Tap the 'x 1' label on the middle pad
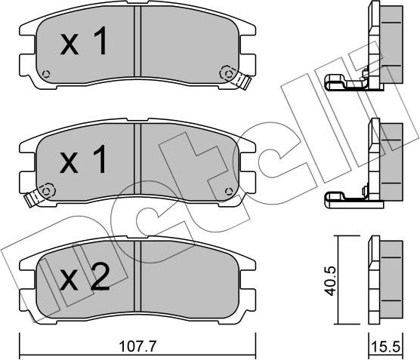point(83,160)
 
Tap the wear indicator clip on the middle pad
point(32,198)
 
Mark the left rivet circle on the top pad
point(47,74)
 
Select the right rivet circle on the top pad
point(224,72)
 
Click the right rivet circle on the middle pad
point(224,189)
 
